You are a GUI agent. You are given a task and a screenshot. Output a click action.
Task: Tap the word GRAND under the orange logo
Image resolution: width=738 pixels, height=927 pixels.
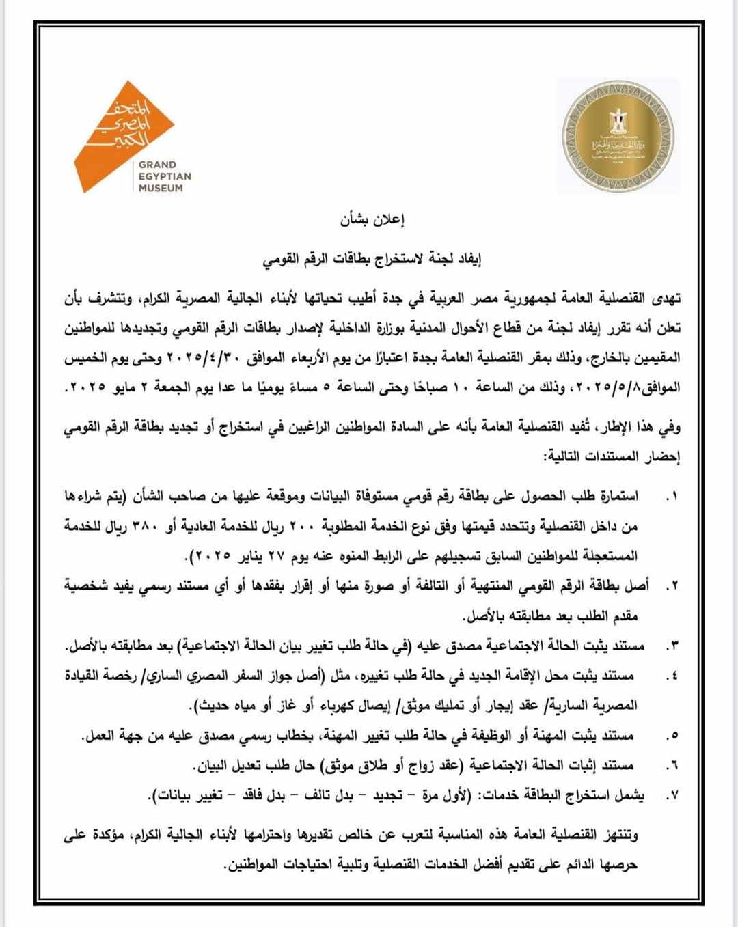pyautogui.click(x=157, y=165)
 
